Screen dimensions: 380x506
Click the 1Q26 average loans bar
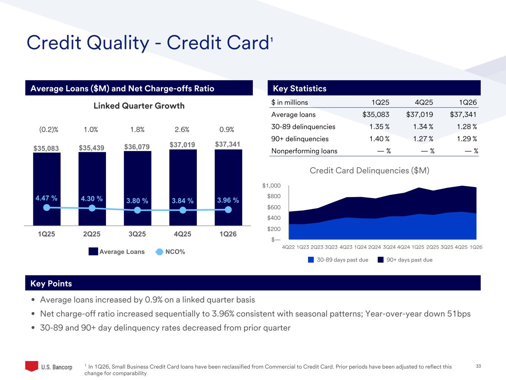228,174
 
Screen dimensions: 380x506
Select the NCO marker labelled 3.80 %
138,210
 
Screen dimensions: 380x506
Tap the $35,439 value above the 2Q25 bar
92,148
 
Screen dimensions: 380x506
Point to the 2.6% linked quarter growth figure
182,130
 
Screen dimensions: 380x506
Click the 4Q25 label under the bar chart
182,234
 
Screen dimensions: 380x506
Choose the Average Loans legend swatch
93,252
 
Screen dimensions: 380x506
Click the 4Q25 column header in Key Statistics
423,102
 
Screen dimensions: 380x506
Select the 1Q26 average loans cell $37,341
463,115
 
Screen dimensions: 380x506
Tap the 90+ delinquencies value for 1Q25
379,139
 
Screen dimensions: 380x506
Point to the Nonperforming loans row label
304,151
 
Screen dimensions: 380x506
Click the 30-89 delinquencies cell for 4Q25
423,127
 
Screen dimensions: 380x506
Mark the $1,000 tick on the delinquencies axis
271,186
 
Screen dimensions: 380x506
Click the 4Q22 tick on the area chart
288,247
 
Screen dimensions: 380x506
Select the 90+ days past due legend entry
409,260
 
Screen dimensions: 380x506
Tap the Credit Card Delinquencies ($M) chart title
369,170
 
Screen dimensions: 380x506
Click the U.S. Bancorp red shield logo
32,366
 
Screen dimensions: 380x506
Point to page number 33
478,366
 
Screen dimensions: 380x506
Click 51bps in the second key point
459,314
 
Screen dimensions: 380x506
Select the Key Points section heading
51,284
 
